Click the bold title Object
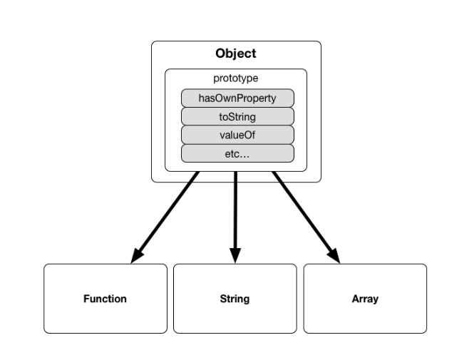click(236, 53)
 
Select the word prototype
click(236, 78)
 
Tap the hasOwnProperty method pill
click(237, 98)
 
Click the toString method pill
click(237, 116)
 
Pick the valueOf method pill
click(237, 135)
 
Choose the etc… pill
click(237, 153)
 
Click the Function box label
click(105, 299)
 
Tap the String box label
click(234, 299)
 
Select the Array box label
click(365, 299)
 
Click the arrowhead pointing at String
click(235, 256)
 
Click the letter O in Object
click(221, 53)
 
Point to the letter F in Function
click(86, 299)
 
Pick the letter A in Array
click(355, 299)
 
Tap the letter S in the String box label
click(222, 299)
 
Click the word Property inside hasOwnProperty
click(257, 98)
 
